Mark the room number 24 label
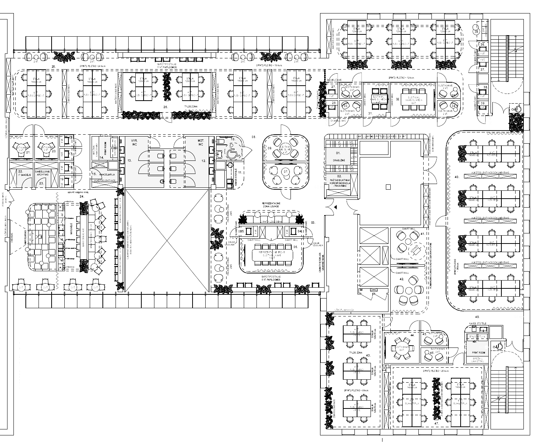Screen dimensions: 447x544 (x=81, y=196)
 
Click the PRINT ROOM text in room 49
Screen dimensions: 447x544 (x=478, y=352)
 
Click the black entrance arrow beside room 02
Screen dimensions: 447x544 (x=335, y=207)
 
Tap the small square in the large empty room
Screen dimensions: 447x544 (x=389, y=186)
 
